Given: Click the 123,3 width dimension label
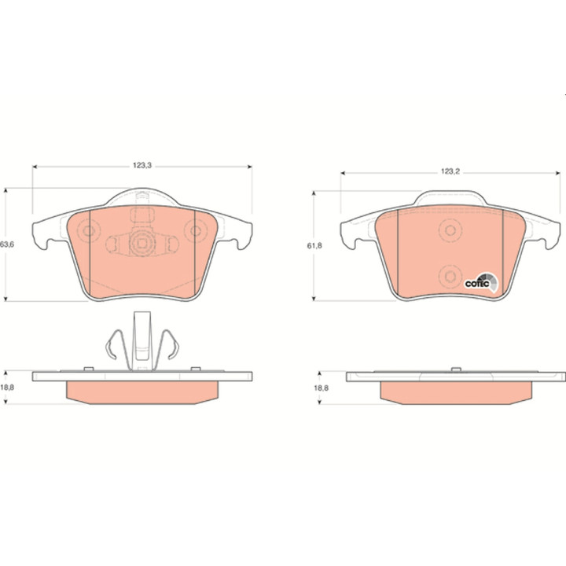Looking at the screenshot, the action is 142,166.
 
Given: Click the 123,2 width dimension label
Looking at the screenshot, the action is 450,172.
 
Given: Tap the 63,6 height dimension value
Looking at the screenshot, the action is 7,244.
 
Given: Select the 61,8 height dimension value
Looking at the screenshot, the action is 314,246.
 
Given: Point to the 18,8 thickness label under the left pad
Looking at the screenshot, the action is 7,388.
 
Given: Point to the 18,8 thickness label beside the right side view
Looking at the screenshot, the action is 321,388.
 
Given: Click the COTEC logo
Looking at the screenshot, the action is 481,283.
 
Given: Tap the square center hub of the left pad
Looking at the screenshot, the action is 142,244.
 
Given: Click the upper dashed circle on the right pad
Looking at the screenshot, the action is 450,230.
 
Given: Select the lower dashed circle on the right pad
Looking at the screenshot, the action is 450,277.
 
